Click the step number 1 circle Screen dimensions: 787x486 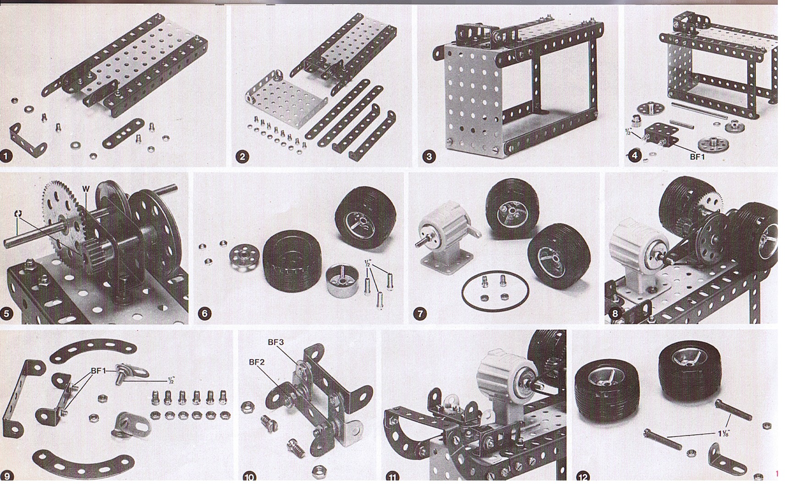point(6,156)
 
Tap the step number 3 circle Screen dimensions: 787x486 point(429,157)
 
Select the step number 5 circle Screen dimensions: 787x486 point(6,314)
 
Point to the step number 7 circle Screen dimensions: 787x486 point(419,314)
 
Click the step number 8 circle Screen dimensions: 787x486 point(615,314)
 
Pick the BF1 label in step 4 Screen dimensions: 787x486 point(697,157)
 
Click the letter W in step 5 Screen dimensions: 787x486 point(86,189)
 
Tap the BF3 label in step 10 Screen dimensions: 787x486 point(276,342)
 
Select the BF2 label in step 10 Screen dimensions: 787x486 point(257,362)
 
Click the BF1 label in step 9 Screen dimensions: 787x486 point(99,370)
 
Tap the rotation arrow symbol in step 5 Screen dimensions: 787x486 point(18,214)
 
